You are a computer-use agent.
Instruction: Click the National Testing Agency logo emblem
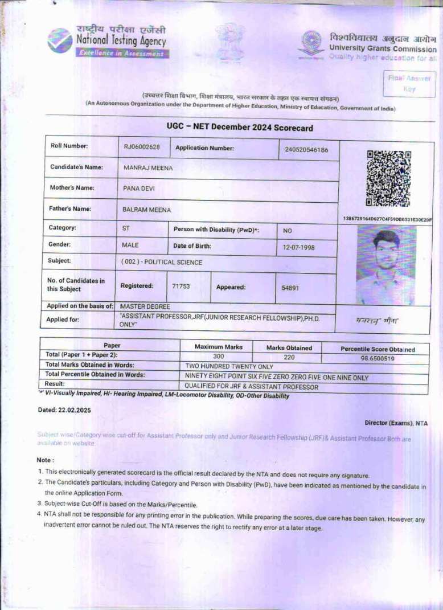pyautogui.click(x=60, y=40)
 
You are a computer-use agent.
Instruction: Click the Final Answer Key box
pyautogui.click(x=409, y=83)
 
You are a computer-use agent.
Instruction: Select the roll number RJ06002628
pyautogui.click(x=142, y=147)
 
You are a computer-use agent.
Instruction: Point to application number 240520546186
pyautogui.click(x=306, y=150)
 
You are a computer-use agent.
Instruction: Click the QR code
pyautogui.click(x=388, y=178)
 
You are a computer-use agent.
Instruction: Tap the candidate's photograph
pyautogui.click(x=385, y=265)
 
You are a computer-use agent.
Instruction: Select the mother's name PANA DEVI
pyautogui.click(x=139, y=188)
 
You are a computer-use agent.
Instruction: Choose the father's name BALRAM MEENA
pyautogui.click(x=146, y=210)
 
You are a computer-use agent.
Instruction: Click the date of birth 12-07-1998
pyautogui.click(x=298, y=248)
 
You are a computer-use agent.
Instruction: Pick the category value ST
pyautogui.click(x=126, y=228)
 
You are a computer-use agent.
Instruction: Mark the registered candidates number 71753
pyautogui.click(x=181, y=286)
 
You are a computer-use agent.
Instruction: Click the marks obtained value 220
pyautogui.click(x=289, y=357)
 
